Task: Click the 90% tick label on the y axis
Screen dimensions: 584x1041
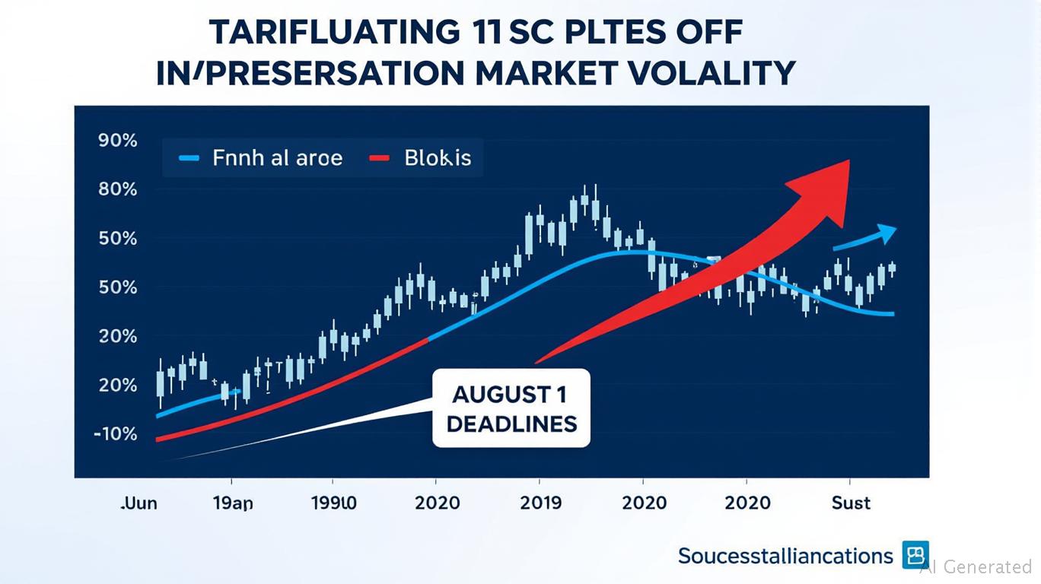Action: [x=117, y=141]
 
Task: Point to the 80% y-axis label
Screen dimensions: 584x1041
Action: [x=117, y=189]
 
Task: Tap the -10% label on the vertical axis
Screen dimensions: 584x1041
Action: [x=115, y=434]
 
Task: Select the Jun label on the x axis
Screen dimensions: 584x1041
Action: [x=138, y=503]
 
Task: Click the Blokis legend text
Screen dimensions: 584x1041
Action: [x=438, y=158]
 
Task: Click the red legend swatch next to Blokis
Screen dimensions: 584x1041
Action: [x=379, y=158]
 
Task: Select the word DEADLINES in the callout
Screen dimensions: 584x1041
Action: [x=511, y=424]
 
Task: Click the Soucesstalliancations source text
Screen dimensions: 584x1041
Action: [x=785, y=556]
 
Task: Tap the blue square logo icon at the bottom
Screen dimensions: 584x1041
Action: [x=916, y=555]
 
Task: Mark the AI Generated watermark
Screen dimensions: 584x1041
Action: [x=976, y=567]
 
